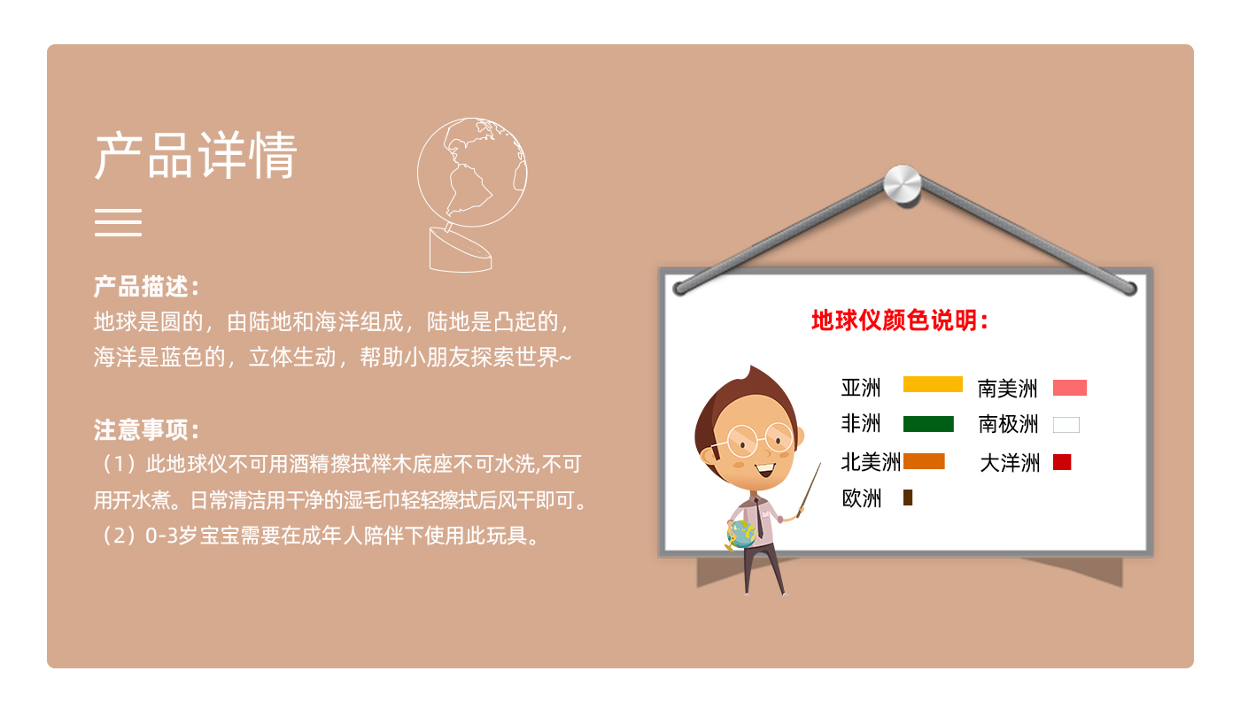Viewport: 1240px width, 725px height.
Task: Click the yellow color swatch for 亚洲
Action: (933, 384)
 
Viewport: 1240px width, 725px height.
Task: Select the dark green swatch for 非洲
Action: (928, 424)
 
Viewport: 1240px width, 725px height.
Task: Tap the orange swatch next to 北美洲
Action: (924, 461)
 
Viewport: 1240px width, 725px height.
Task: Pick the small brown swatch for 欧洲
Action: (907, 497)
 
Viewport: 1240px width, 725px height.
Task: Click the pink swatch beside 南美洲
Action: (1070, 388)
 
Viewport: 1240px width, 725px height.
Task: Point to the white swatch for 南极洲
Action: (1066, 425)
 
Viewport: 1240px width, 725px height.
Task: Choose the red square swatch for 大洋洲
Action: (1062, 461)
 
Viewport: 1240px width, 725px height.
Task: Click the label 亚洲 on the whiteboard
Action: (860, 388)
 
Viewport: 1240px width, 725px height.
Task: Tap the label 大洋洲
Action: (1010, 463)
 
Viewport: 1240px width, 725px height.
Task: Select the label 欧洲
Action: (861, 498)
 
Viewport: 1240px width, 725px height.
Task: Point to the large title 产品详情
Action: (196, 156)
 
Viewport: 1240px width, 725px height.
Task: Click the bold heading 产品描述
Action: (146, 287)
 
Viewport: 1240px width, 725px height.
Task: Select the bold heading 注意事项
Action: (146, 429)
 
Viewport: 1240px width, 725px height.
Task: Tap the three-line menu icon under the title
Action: (118, 222)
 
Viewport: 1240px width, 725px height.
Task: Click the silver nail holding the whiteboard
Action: (903, 184)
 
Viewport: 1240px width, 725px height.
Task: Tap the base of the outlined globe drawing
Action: (460, 251)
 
